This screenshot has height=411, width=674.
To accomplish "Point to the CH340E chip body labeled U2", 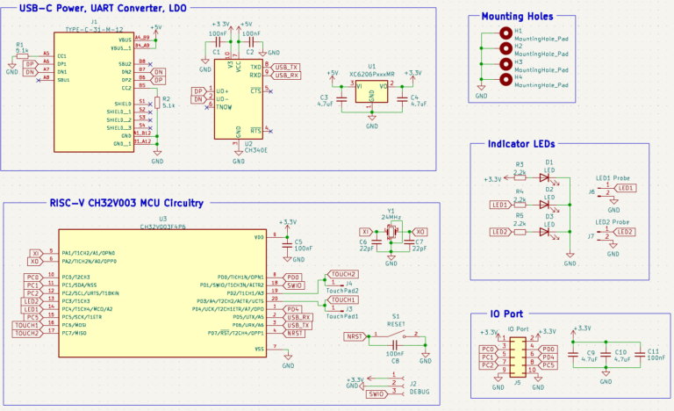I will [237, 104].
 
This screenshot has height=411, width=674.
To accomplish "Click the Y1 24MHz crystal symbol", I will [391, 233].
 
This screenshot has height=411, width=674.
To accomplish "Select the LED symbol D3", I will [545, 232].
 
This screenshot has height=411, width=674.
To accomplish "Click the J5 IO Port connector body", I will [518, 354].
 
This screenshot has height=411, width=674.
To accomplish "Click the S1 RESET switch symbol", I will [397, 335].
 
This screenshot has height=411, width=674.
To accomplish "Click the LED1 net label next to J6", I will [625, 188].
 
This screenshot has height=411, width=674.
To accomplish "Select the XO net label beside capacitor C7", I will [419, 232].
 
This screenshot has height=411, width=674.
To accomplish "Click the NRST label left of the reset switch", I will [355, 336].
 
